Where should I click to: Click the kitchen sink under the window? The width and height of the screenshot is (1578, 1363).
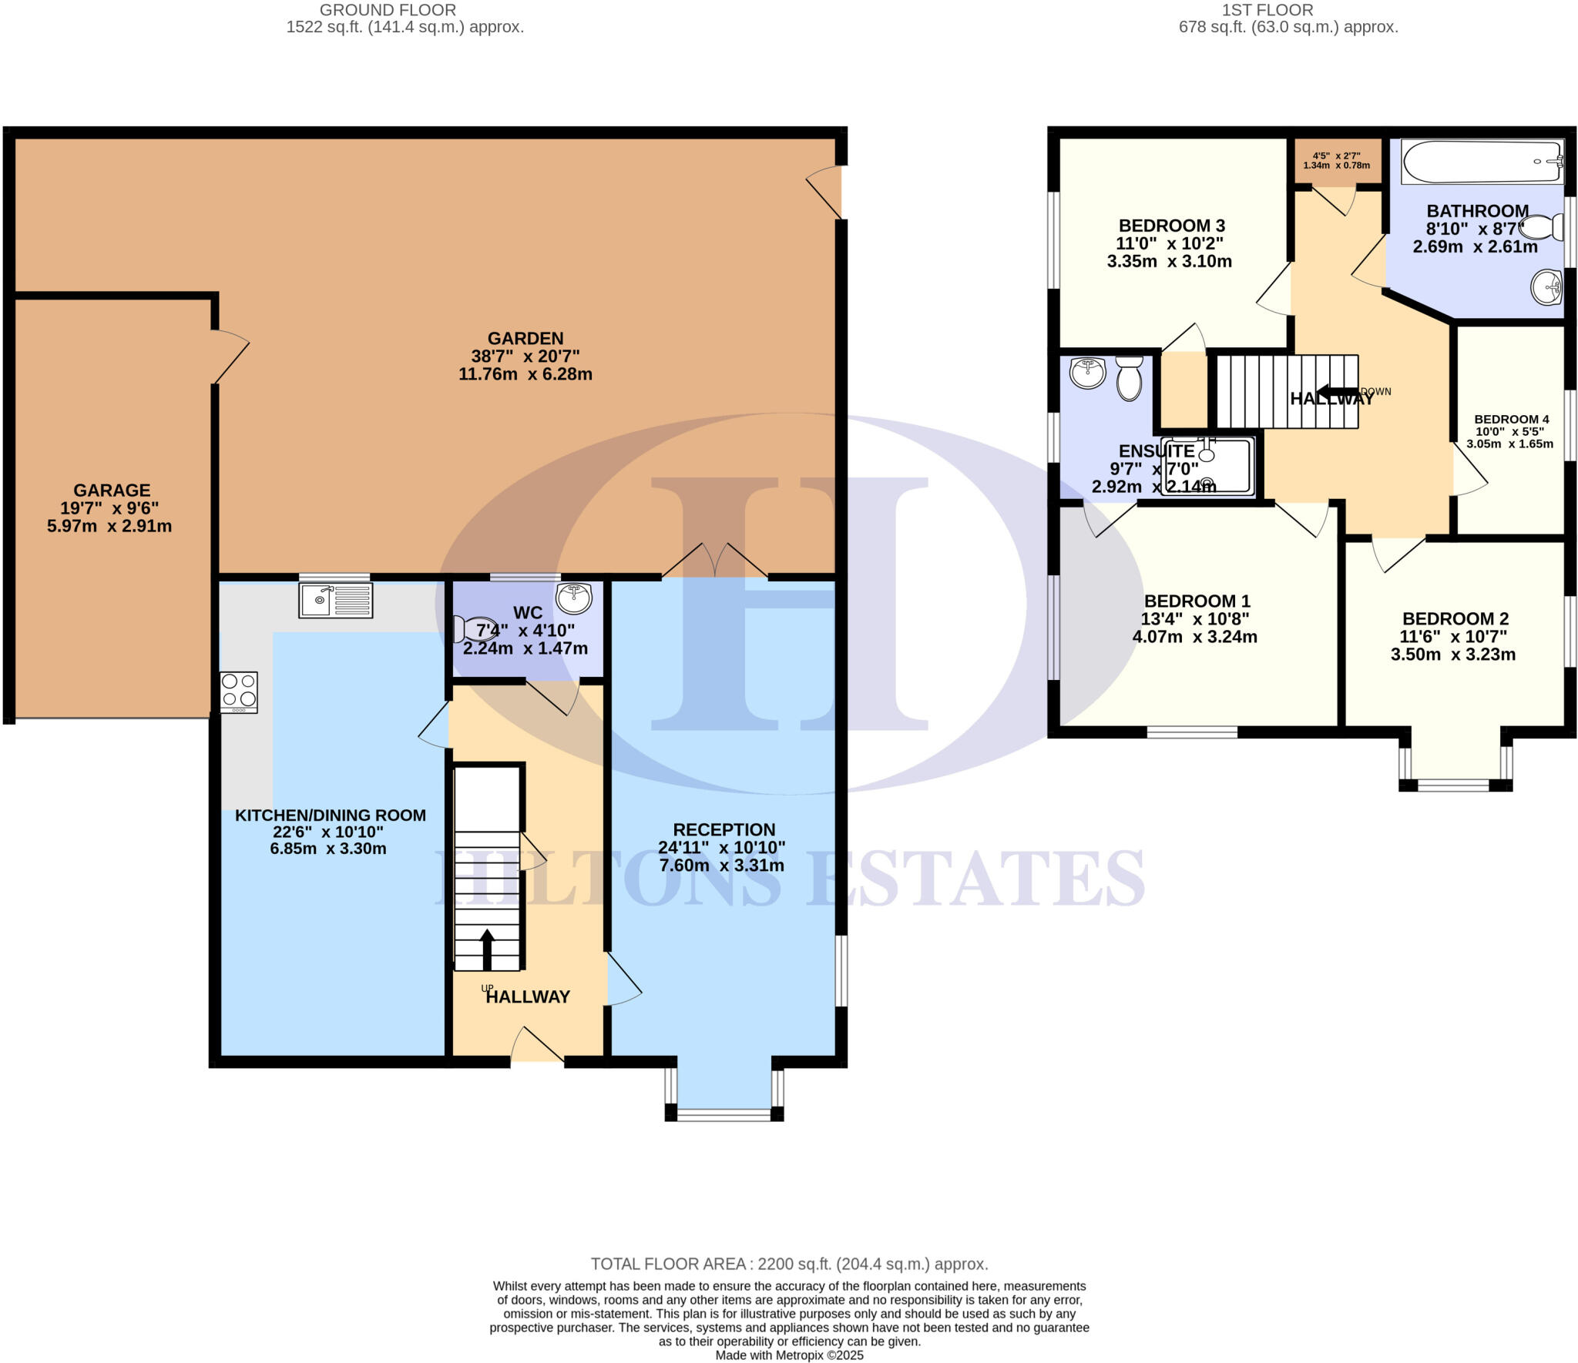pyautogui.click(x=335, y=600)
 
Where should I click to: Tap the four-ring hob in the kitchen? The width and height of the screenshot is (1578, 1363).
pyautogui.click(x=239, y=692)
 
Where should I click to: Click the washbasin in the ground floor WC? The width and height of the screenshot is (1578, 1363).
pyautogui.click(x=573, y=597)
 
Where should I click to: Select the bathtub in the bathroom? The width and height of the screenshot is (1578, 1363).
pyautogui.click(x=1482, y=162)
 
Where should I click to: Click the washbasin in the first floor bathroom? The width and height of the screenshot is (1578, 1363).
pyautogui.click(x=1546, y=287)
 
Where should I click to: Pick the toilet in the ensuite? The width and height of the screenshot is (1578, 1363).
pyautogui.click(x=1130, y=378)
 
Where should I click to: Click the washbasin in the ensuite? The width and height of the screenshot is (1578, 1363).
pyautogui.click(x=1087, y=374)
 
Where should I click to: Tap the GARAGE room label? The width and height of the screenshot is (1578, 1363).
pyautogui.click(x=112, y=491)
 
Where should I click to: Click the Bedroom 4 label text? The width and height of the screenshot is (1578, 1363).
pyautogui.click(x=1511, y=420)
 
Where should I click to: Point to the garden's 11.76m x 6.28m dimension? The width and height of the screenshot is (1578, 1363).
pyautogui.click(x=525, y=374)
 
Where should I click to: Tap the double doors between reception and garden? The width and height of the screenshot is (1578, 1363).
pyautogui.click(x=715, y=561)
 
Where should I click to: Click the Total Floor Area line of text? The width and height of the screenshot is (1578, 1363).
pyautogui.click(x=788, y=1264)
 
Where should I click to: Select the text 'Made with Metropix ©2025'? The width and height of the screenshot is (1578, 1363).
pyautogui.click(x=788, y=1355)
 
